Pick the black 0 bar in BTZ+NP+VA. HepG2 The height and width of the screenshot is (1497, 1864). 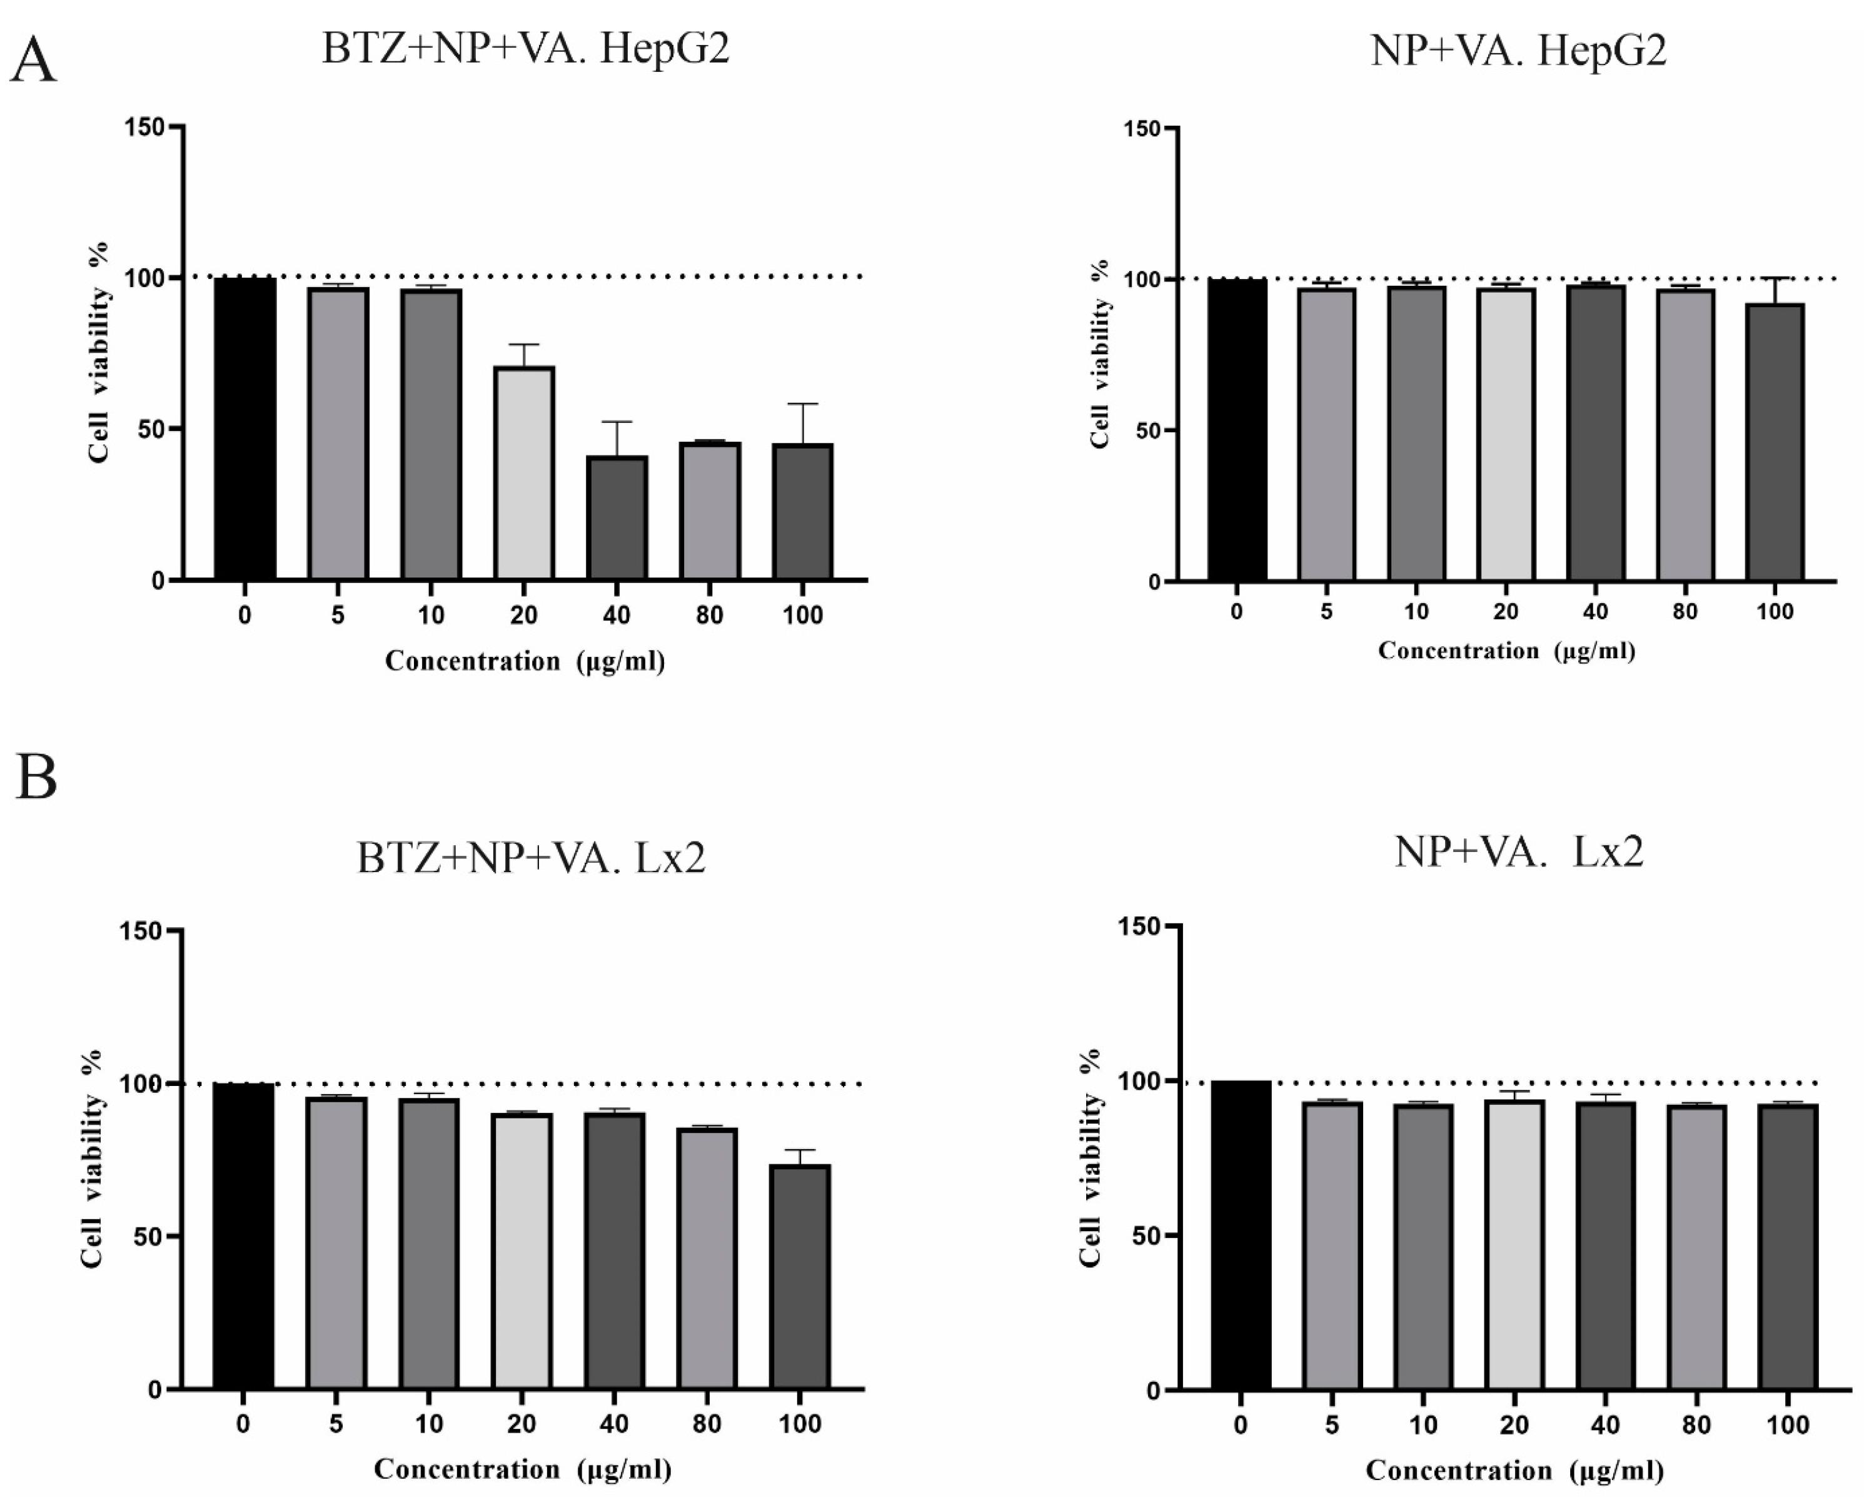(x=246, y=428)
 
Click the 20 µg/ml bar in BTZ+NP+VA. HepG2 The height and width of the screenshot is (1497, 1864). (x=524, y=473)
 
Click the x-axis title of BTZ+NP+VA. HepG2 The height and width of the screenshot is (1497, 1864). (x=525, y=662)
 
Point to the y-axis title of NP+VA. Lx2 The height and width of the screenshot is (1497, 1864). (x=1091, y=1158)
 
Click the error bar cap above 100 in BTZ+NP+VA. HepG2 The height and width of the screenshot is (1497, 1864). (x=803, y=404)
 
